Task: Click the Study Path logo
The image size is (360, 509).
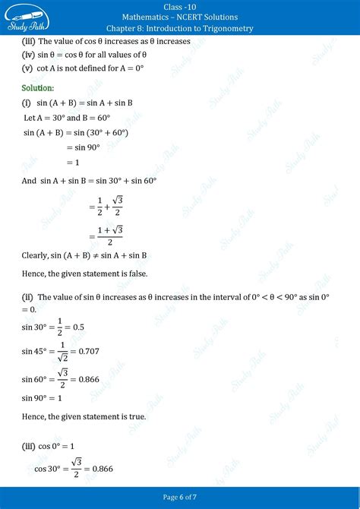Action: point(29,17)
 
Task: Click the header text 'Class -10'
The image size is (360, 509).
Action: point(180,6)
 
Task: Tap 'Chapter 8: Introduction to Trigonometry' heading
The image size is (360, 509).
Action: point(180,28)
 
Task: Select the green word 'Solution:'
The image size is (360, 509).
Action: point(38,88)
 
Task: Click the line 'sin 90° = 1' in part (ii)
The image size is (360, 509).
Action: point(43,398)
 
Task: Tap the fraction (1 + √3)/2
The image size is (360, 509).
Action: point(110,235)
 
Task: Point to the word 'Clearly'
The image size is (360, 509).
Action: point(36,256)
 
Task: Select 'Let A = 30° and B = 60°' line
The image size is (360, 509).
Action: point(67,118)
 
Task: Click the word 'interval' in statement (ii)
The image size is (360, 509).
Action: point(220,297)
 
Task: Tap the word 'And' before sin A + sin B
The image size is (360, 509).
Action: point(29,181)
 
